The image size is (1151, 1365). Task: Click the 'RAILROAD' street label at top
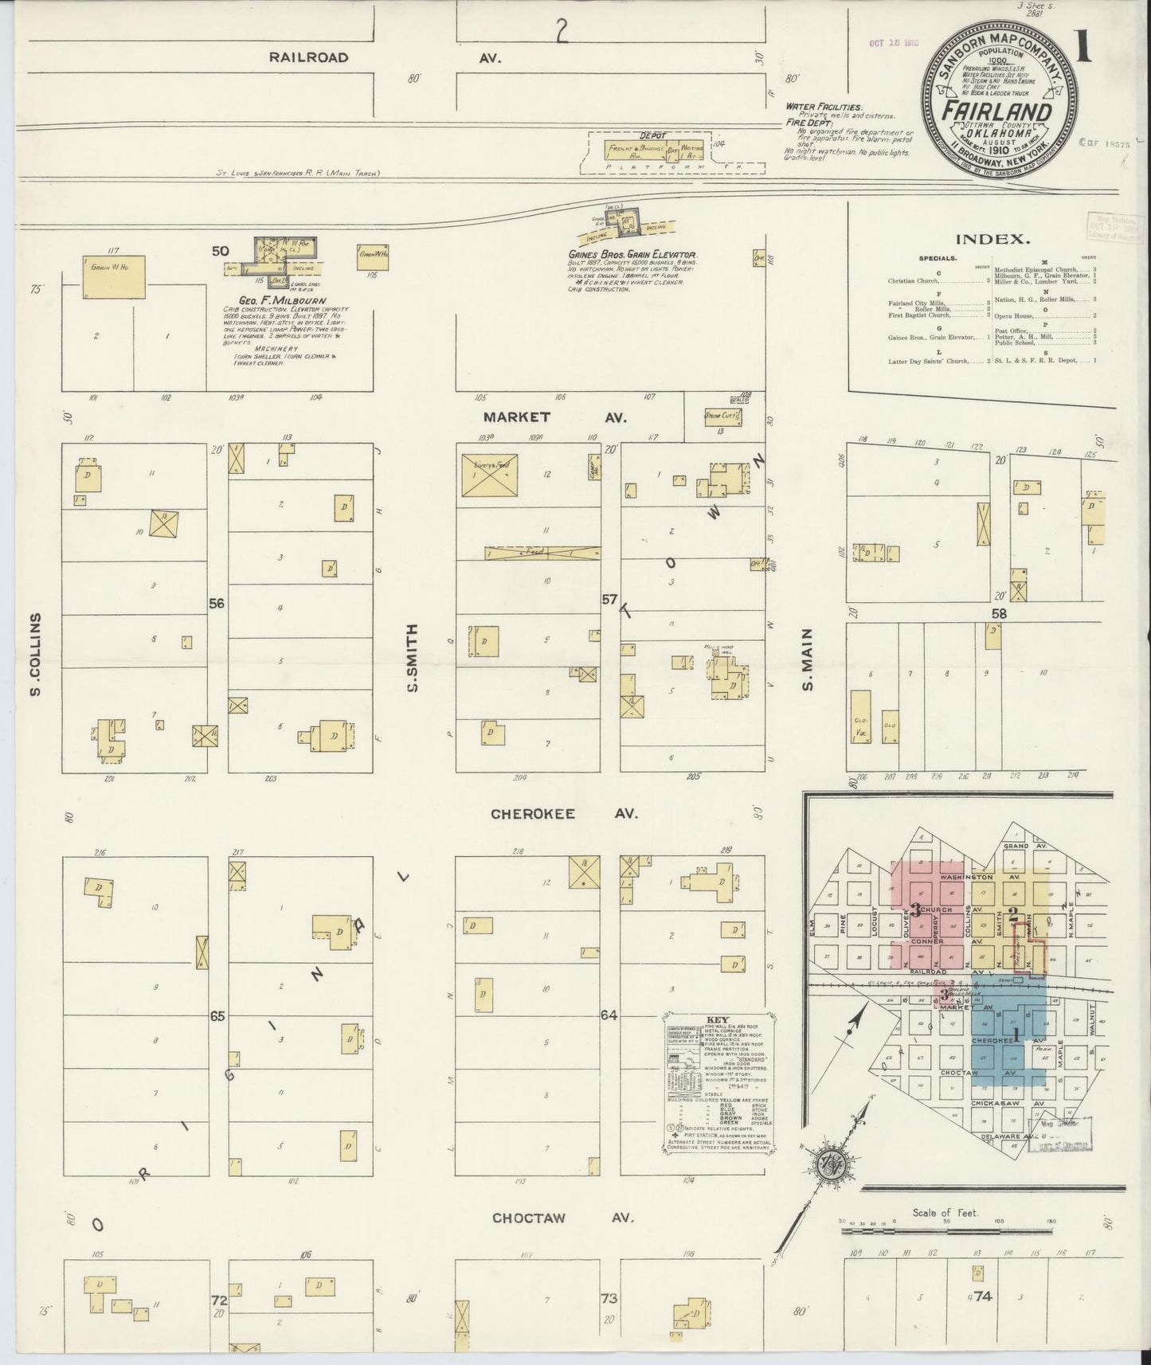point(308,57)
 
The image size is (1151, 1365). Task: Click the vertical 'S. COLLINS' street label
point(35,655)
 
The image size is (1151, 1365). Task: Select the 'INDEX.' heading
point(992,238)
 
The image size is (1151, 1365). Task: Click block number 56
point(217,603)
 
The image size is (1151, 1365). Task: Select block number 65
point(217,1016)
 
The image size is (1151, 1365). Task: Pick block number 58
point(999,613)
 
